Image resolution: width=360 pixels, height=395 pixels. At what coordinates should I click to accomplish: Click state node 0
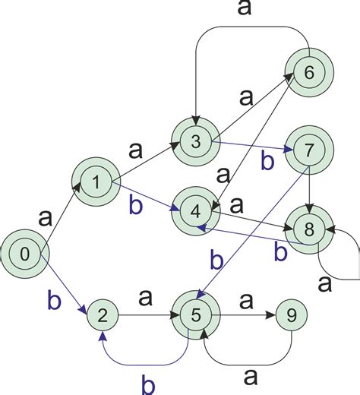coord(24,253)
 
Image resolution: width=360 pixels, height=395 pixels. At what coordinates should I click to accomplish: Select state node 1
coord(96,180)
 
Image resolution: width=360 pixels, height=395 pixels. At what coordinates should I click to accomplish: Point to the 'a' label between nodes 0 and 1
coord(46,218)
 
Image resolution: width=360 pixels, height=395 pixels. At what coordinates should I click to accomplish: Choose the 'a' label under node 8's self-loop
coord(324,286)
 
